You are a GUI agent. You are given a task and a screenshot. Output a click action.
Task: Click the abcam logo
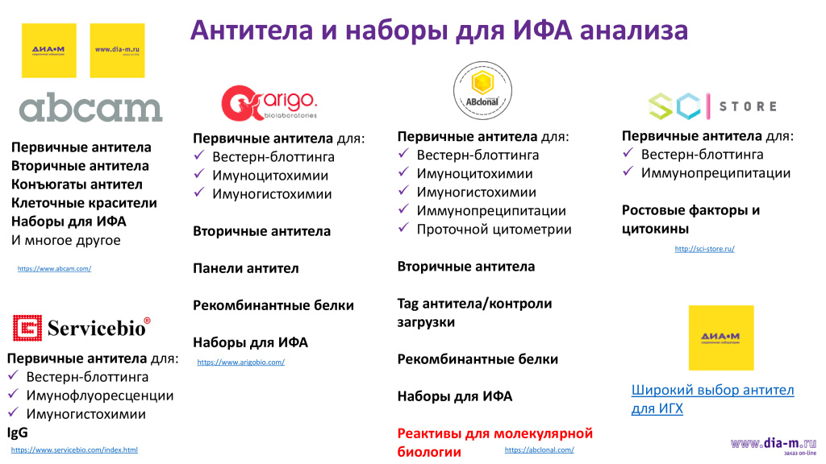pyautogui.click(x=90, y=109)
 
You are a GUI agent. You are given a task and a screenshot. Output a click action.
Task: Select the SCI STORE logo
pyautogui.click(x=712, y=106)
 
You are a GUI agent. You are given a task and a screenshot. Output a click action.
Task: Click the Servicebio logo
pyautogui.click(x=81, y=327)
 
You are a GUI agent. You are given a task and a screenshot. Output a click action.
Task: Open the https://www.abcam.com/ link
pyautogui.click(x=54, y=268)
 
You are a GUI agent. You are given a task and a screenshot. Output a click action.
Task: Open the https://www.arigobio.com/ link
pyautogui.click(x=240, y=362)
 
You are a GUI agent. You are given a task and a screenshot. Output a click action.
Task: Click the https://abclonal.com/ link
pyautogui.click(x=539, y=449)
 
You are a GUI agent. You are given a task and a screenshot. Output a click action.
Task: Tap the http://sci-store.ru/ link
pyautogui.click(x=704, y=249)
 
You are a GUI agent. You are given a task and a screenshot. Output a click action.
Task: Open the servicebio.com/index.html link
pyautogui.click(x=74, y=449)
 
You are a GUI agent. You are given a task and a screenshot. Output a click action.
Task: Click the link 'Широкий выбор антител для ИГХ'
pyautogui.click(x=712, y=400)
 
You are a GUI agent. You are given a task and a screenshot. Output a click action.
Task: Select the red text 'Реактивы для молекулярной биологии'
pyautogui.click(x=494, y=442)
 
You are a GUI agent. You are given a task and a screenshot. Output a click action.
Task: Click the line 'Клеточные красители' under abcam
pyautogui.click(x=84, y=203)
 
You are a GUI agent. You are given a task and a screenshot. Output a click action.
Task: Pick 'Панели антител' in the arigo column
pyautogui.click(x=245, y=268)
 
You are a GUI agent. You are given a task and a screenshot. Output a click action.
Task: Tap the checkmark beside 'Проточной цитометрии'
pyautogui.click(x=405, y=230)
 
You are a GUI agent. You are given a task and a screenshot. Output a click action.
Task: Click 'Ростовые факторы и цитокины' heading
pyautogui.click(x=690, y=219)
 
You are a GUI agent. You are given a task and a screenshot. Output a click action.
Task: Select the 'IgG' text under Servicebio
pyautogui.click(x=18, y=433)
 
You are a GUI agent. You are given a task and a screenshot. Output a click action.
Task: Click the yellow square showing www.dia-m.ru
pyautogui.click(x=117, y=50)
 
